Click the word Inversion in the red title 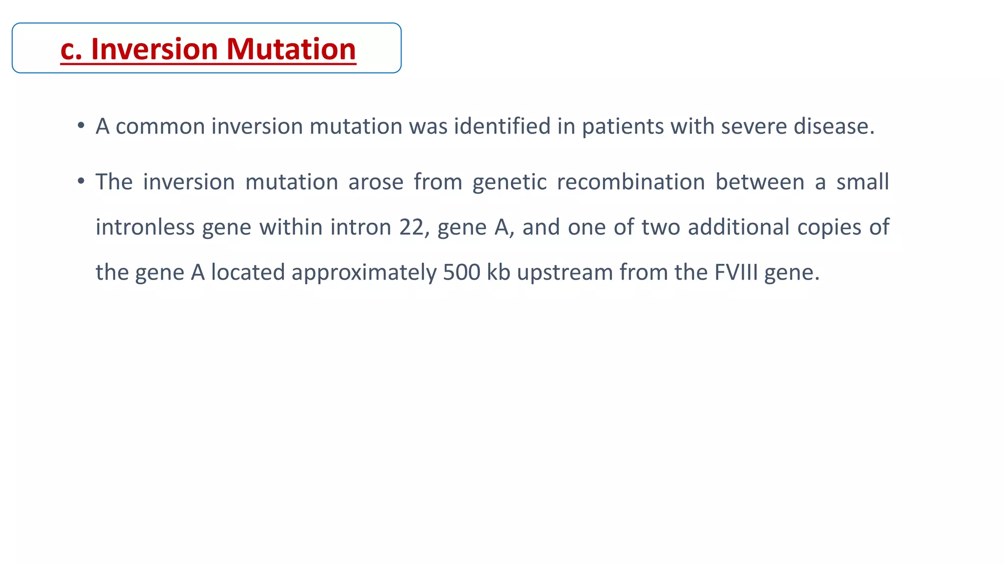click(154, 50)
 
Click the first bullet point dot click(81, 126)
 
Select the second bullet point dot click(81, 181)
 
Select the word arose click(376, 182)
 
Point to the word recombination click(630, 182)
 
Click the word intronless click(145, 227)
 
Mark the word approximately click(364, 273)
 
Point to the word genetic click(509, 182)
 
